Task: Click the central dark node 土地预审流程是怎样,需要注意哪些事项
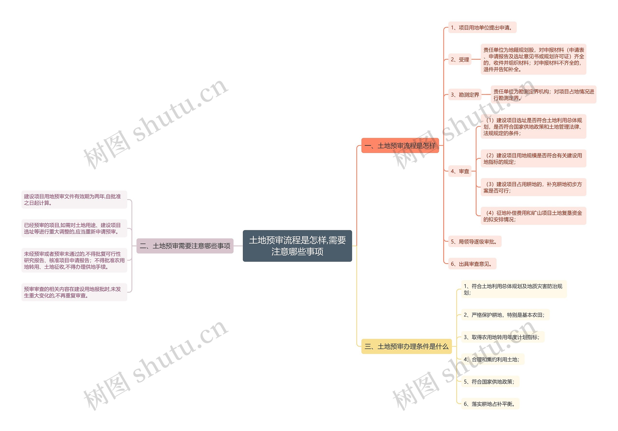(297, 246)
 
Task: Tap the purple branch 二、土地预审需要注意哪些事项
(185, 246)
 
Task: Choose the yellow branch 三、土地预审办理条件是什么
(406, 346)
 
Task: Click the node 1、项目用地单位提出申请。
(482, 28)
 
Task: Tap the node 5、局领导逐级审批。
(475, 242)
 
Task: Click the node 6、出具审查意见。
(472, 264)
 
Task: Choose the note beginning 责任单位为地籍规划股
(533, 59)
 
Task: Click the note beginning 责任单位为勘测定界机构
(543, 95)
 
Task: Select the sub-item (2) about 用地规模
(533, 159)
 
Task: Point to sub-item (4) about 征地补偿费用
(533, 216)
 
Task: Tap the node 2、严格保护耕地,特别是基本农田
(505, 315)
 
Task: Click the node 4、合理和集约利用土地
(492, 359)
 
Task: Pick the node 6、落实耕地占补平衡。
(490, 404)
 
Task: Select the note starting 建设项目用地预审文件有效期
(74, 200)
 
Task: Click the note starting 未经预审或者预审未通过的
(74, 260)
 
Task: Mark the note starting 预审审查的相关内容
(74, 292)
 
